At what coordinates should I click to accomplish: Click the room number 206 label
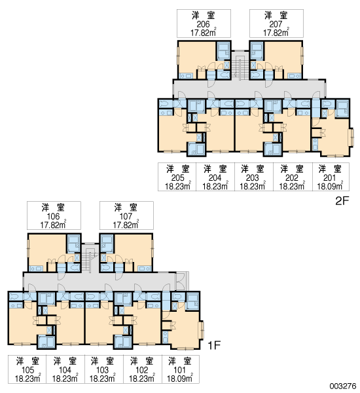point(203,24)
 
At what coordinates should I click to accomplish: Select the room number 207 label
point(276,24)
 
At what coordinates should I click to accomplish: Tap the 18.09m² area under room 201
point(330,186)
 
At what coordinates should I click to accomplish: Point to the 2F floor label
point(342,200)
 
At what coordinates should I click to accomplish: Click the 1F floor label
point(214,345)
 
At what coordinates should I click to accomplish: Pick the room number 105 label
point(27,369)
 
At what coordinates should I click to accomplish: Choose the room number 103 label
point(103,369)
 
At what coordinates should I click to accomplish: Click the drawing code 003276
point(343,386)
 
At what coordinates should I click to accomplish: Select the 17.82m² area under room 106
point(54,225)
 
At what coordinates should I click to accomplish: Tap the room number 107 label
point(126,216)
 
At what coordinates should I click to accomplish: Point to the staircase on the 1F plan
point(90,259)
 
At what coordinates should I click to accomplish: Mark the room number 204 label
point(215,178)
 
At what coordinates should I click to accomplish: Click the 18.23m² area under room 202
point(292,186)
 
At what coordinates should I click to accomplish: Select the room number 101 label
point(179,369)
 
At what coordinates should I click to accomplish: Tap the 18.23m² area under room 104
point(65,378)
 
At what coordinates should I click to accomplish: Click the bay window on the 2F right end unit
point(352,137)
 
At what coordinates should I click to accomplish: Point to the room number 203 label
point(252,178)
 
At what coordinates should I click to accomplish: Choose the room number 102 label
point(142,369)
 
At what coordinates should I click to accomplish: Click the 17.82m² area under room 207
point(276,33)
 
